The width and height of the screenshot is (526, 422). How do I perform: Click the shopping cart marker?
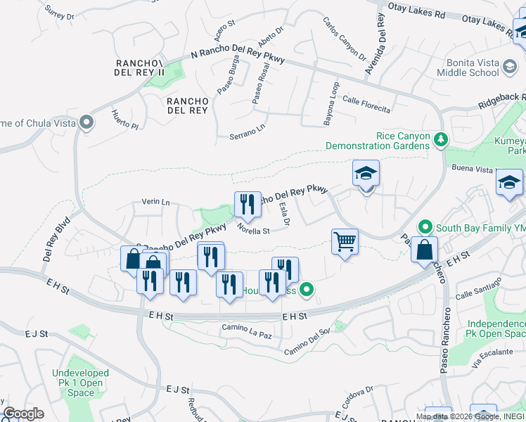point(345,241)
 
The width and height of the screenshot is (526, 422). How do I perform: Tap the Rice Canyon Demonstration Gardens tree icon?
point(440,139)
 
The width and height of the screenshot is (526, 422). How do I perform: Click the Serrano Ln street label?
point(248,133)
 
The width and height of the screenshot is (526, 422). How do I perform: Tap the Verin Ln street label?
point(156,203)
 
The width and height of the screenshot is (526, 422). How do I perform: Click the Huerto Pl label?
point(125,120)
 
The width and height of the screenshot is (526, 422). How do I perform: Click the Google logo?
point(23,414)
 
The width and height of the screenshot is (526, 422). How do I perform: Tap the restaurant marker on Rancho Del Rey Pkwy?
point(248,204)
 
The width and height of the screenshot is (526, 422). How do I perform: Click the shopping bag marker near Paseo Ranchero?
point(424,250)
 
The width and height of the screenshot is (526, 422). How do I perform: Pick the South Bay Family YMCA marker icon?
point(425,227)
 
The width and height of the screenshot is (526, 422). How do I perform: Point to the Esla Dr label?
point(285,215)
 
